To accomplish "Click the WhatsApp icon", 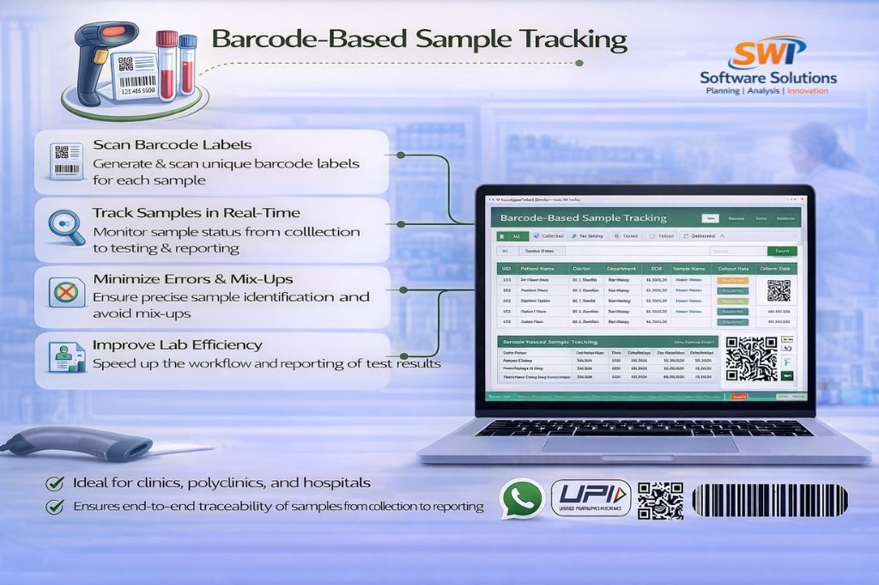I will click(x=522, y=499).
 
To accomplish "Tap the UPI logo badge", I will click(x=591, y=499).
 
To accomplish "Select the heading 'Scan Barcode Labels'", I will click(x=172, y=145).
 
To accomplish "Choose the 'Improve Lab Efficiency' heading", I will click(x=177, y=345).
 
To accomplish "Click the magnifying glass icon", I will click(x=64, y=226).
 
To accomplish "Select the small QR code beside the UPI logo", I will click(x=660, y=500).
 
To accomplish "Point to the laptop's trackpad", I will click(x=640, y=444).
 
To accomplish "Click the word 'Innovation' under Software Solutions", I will click(x=808, y=90).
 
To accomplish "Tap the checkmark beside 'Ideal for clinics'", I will click(x=55, y=483).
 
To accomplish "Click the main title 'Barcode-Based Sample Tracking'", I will click(x=419, y=40).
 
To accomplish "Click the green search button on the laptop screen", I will click(x=782, y=251).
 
